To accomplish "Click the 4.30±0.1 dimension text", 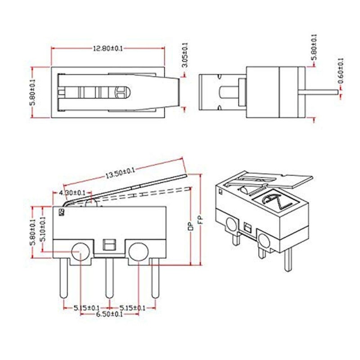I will pos(72,193).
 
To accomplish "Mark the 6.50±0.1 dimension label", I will pos(109,315).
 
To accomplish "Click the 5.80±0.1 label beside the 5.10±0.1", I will pos(32,232).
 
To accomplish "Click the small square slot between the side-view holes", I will pos(108,245).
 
